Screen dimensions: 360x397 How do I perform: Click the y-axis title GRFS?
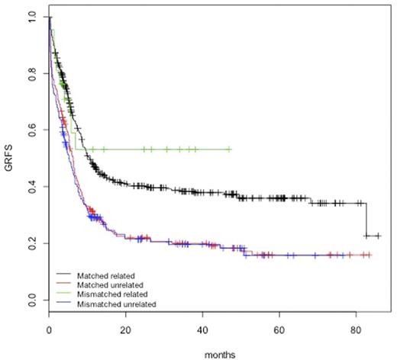point(9,159)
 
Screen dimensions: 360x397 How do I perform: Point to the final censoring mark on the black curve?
point(378,236)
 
